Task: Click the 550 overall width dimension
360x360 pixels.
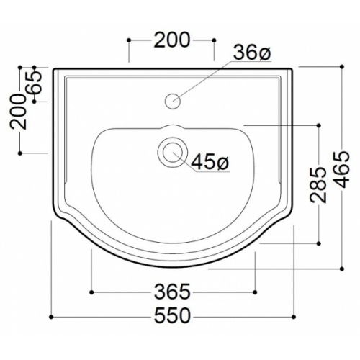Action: [x=172, y=317]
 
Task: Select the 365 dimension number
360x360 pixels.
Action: [x=172, y=292]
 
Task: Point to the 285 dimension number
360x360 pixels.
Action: [x=318, y=185]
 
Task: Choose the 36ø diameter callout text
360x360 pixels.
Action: [x=253, y=53]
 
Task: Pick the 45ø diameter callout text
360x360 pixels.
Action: [x=210, y=162]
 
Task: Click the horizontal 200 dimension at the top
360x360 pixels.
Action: [x=172, y=40]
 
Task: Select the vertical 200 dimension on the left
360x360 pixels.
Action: [x=18, y=112]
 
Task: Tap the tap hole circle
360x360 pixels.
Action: [x=173, y=101]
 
